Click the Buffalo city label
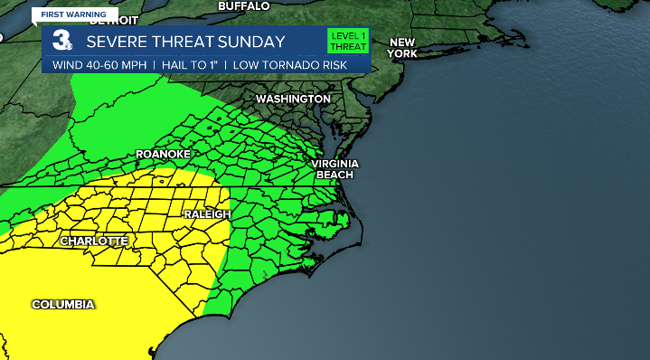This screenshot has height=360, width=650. point(243,6)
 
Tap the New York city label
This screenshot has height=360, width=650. point(401,48)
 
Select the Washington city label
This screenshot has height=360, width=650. point(293,98)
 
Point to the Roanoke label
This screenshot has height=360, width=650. point(163,155)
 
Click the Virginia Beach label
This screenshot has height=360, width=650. point(335,168)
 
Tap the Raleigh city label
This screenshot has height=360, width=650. point(207,214)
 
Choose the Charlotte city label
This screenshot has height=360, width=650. point(94,242)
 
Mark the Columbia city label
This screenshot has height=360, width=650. point(63,305)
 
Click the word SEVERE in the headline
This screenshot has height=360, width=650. point(116,42)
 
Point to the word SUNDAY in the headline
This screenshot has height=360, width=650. point(251,42)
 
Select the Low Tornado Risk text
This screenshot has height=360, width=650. point(281,65)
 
